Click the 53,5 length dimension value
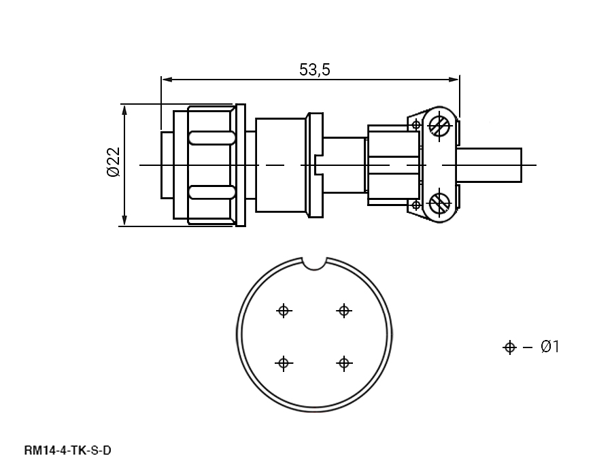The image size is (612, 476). tap(315, 70)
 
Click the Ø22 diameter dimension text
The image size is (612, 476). tap(114, 162)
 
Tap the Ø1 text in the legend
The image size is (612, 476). tap(550, 347)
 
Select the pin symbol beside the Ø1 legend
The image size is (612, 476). tap(510, 347)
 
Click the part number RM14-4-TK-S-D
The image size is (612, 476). tap(67, 451)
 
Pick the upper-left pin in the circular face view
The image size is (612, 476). tap(284, 311)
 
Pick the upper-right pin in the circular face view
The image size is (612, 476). tap(344, 311)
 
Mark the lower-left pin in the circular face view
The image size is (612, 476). tap(284, 363)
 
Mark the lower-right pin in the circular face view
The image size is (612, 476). tap(344, 363)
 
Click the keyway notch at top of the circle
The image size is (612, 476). tap(315, 264)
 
